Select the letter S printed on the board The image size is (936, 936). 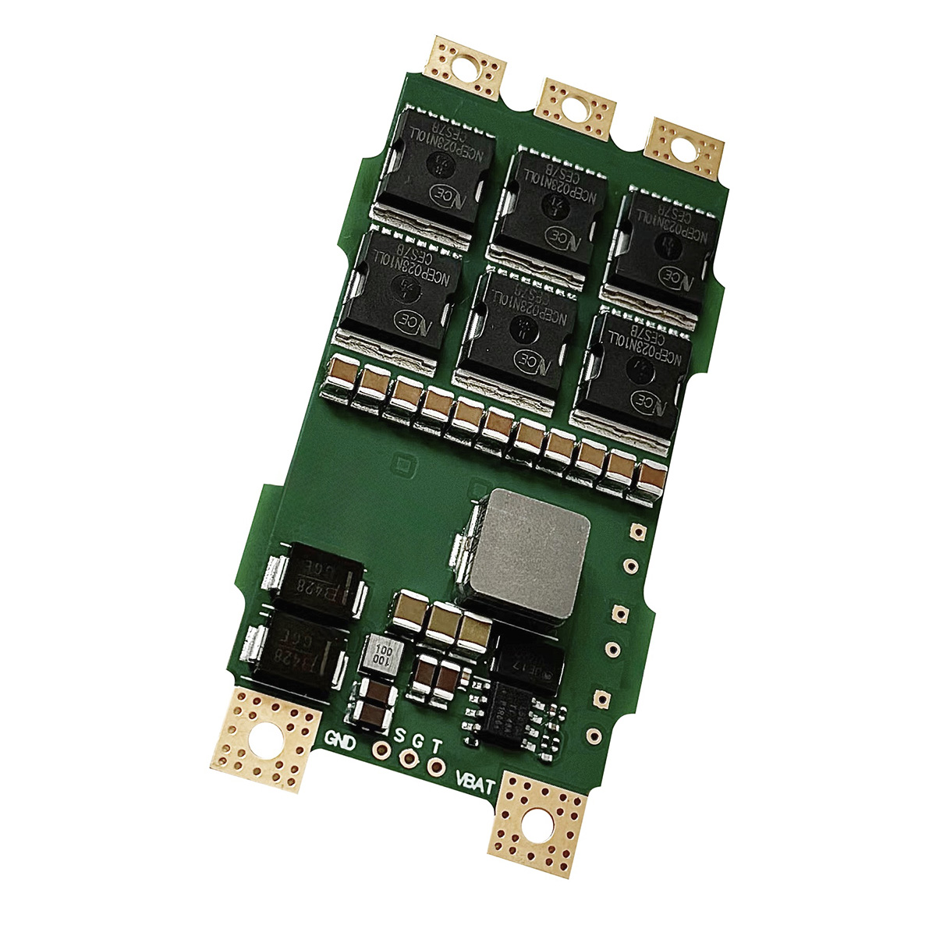click(x=400, y=736)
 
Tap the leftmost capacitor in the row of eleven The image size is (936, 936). click(x=342, y=377)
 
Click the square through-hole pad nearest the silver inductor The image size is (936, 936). click(x=636, y=531)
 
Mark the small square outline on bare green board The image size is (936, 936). click(x=402, y=466)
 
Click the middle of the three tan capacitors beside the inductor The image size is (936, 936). click(x=442, y=622)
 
